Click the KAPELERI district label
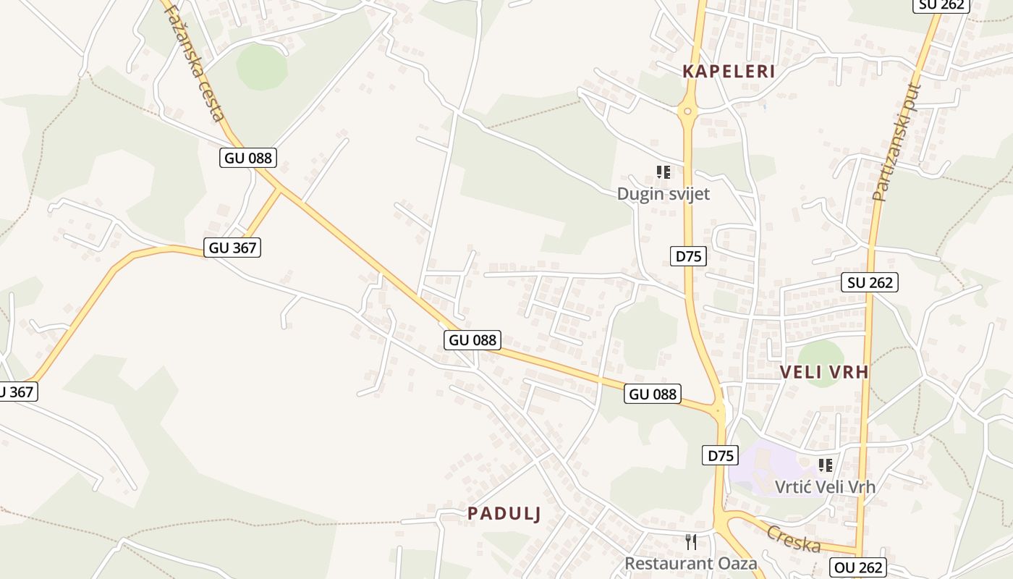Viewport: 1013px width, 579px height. (x=729, y=71)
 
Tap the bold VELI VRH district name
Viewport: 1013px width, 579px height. (x=823, y=372)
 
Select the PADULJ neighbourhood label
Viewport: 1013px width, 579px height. (x=504, y=513)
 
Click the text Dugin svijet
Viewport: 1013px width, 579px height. (x=663, y=194)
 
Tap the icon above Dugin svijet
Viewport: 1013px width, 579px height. (x=663, y=172)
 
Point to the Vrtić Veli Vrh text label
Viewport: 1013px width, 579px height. (x=825, y=486)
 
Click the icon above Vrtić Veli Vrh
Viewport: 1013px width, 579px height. (x=825, y=465)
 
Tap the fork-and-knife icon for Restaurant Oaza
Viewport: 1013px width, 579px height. (x=691, y=541)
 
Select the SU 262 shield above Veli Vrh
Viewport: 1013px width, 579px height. (x=869, y=282)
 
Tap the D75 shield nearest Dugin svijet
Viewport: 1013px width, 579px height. (x=688, y=256)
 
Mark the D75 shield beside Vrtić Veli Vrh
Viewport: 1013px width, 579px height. (x=721, y=456)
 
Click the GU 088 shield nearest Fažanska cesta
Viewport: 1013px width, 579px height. (x=248, y=158)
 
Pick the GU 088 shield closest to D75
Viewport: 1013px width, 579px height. (x=653, y=394)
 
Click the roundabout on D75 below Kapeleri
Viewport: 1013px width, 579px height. (x=687, y=111)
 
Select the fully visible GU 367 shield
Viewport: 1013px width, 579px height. (x=232, y=248)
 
